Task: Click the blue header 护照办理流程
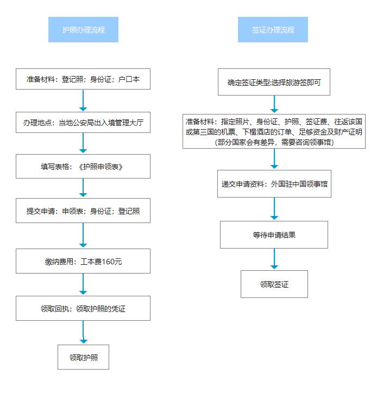pos(83,30)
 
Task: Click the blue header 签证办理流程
pos(273,30)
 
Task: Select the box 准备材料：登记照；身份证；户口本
pos(83,79)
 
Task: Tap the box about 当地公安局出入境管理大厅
pos(83,123)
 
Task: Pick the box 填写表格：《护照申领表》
pos(83,167)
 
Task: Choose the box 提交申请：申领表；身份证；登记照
pos(83,211)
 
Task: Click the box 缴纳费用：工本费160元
pos(83,261)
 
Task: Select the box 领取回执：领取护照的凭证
pos(83,308)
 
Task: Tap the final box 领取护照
pos(83,357)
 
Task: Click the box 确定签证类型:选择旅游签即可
pos(274,82)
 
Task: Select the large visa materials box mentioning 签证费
pos(274,131)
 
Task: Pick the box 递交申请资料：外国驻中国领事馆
pos(274,183)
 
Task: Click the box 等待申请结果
pos(274,234)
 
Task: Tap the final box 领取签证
pos(274,284)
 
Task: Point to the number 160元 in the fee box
pos(112,262)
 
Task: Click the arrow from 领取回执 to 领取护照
pos(83,332)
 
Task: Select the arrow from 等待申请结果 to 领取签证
pos(274,259)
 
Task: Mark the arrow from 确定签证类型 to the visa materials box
pos(274,104)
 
